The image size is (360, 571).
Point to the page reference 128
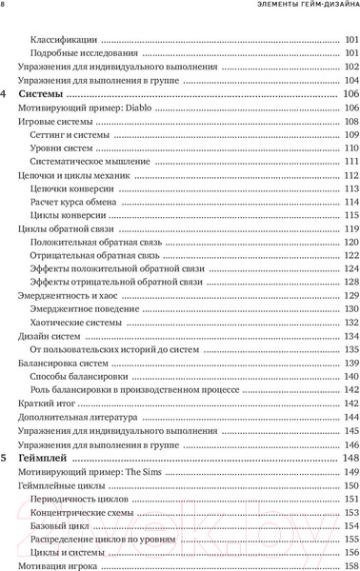click(x=350, y=284)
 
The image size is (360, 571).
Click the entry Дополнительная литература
click(x=78, y=417)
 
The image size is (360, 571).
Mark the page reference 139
click(x=350, y=364)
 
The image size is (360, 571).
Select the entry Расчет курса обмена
click(x=77, y=203)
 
